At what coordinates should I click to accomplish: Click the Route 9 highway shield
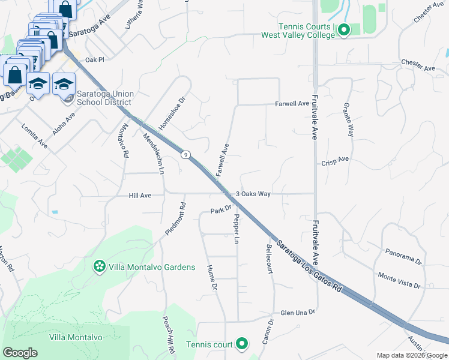tap(187, 155)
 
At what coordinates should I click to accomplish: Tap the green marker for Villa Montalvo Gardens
tap(98, 266)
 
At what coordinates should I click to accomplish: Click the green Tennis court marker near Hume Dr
tap(242, 344)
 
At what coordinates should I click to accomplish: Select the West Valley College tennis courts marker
tap(343, 29)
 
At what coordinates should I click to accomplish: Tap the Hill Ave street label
tap(140, 196)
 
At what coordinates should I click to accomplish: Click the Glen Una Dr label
tap(298, 313)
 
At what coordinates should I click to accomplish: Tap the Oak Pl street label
tap(95, 60)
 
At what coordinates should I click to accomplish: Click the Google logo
tap(20, 353)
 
